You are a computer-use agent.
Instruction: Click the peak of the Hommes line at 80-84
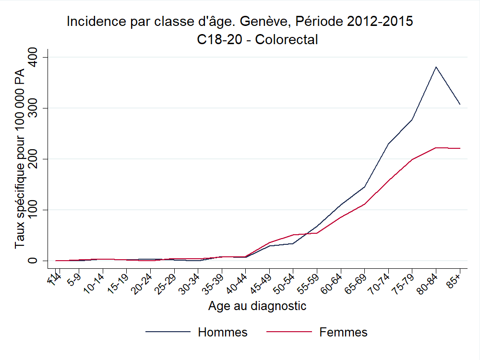tap(435, 67)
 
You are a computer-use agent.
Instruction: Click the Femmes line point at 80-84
tap(435, 147)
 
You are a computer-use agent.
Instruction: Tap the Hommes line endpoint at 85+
tap(460, 104)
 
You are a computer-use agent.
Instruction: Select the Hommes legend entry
tap(222, 332)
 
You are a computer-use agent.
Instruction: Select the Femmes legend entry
tap(343, 332)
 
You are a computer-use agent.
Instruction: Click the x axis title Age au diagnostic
tap(257, 306)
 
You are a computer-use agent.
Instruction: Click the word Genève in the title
tap(264, 22)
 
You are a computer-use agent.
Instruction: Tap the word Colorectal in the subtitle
tap(287, 39)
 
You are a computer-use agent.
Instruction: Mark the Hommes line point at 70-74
tap(388, 144)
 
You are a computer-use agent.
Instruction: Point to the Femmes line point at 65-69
tap(364, 204)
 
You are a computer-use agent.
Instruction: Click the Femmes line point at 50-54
tap(293, 235)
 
